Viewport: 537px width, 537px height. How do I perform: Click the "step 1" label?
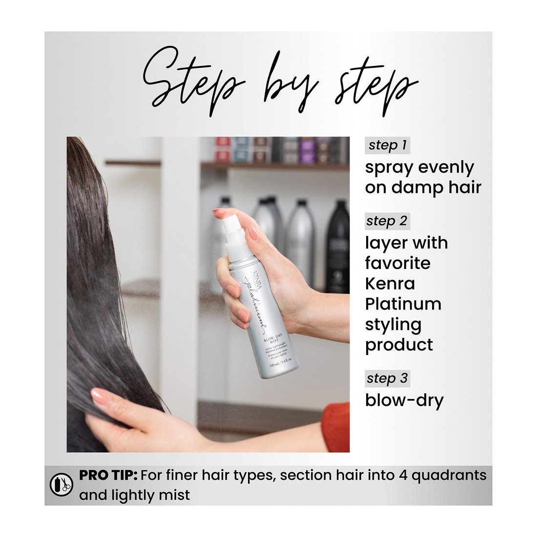[388, 145]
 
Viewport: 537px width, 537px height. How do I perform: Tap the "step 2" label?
[388, 221]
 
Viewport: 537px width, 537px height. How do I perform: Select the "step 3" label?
[388, 378]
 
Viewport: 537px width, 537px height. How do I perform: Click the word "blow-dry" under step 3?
[404, 400]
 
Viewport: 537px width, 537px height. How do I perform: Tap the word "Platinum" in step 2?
[403, 304]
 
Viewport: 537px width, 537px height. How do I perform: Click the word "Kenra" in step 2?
[390, 284]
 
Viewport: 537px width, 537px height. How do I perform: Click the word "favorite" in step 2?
[398, 263]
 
